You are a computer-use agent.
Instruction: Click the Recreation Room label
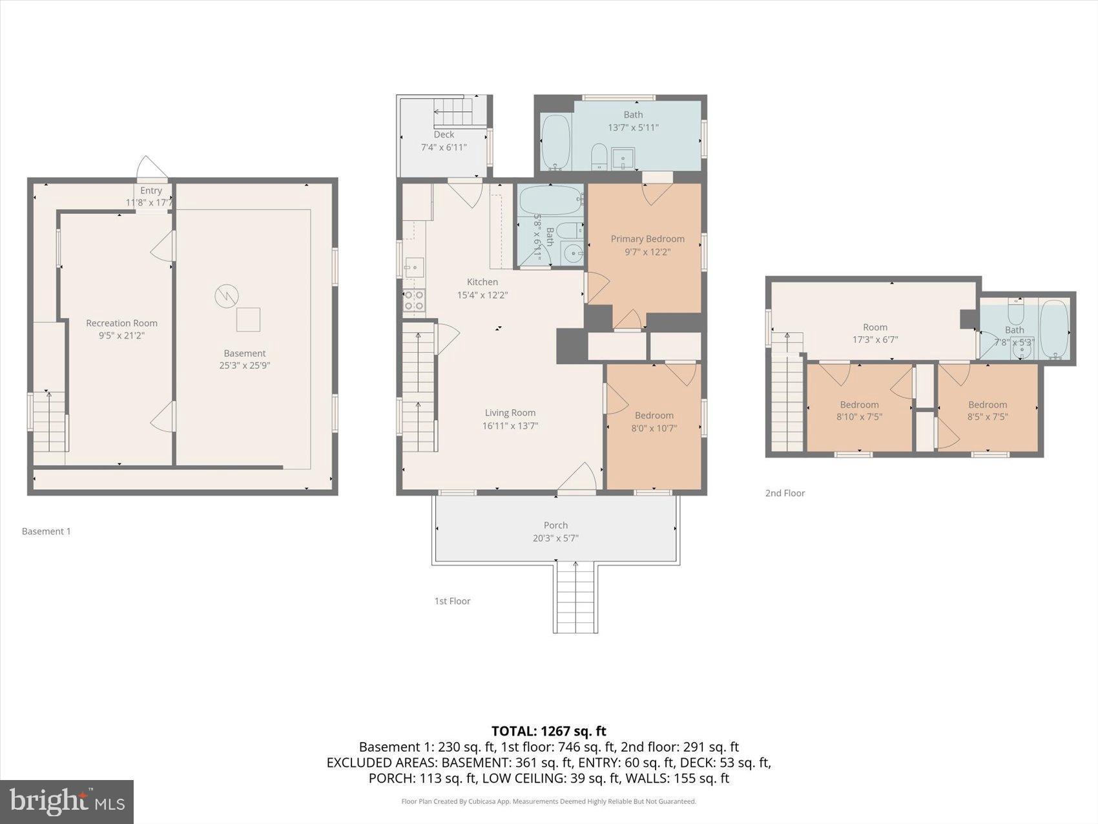pyautogui.click(x=121, y=323)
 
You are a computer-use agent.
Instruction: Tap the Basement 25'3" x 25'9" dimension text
pyautogui.click(x=244, y=366)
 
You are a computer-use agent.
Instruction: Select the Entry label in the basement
pyautogui.click(x=151, y=191)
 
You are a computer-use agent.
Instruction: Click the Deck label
pyautogui.click(x=444, y=134)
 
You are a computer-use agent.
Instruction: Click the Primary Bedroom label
pyautogui.click(x=647, y=238)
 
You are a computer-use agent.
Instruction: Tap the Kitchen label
pyautogui.click(x=482, y=282)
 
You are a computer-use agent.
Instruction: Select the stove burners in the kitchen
pyautogui.click(x=414, y=301)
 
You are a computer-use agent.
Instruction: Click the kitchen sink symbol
pyautogui.click(x=414, y=265)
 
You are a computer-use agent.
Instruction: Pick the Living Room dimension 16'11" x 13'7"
pyautogui.click(x=510, y=426)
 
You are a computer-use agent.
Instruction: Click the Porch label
pyautogui.click(x=555, y=525)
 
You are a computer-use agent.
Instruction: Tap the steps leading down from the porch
pyautogui.click(x=575, y=597)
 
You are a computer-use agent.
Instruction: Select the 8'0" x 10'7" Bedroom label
pyautogui.click(x=654, y=416)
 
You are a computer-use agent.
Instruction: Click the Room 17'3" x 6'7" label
pyautogui.click(x=875, y=327)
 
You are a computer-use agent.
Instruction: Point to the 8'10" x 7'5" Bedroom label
pyautogui.click(x=859, y=405)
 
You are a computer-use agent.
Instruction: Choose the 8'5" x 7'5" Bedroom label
pyautogui.click(x=987, y=405)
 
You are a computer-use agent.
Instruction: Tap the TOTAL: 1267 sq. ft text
pyautogui.click(x=548, y=731)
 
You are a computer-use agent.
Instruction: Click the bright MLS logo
pyautogui.click(x=67, y=802)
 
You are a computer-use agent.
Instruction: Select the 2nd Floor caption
pyautogui.click(x=785, y=493)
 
